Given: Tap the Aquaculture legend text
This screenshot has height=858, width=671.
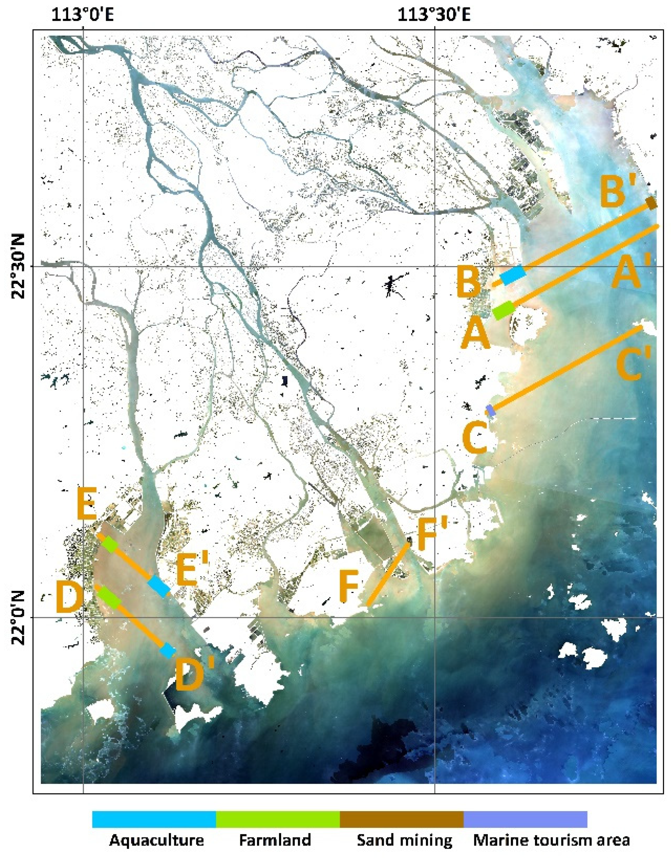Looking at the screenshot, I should coord(156,840).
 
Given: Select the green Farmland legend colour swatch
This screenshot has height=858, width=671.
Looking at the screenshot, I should coord(277,819).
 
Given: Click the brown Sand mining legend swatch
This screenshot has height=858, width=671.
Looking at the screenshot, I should coord(401,819).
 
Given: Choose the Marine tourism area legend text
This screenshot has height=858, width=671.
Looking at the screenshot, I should coord(551,840).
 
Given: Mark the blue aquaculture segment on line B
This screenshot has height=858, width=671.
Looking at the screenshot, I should coord(513,275).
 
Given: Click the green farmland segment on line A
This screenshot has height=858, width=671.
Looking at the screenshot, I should coord(504,310).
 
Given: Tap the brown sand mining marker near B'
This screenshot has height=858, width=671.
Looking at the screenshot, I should coord(651,203).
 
